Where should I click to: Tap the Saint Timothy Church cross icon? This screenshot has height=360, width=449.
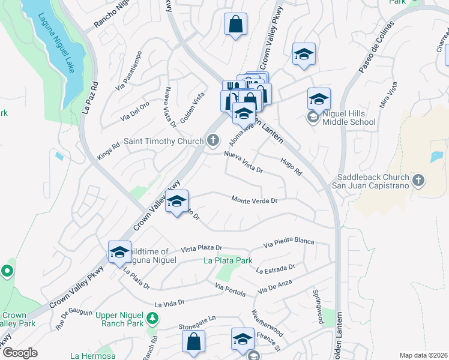(212, 142)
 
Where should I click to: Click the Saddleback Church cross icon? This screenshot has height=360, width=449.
(418, 179)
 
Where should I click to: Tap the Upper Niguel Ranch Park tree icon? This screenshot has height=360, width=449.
(153, 317)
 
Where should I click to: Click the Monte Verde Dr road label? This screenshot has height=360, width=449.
(255, 200)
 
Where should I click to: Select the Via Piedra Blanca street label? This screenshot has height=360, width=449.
(289, 242)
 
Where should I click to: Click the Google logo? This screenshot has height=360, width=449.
(20, 353)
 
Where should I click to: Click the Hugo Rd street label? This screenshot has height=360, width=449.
(291, 166)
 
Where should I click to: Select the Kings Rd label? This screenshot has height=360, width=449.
(108, 150)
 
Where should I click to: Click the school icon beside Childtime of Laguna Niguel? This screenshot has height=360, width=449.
(119, 252)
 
